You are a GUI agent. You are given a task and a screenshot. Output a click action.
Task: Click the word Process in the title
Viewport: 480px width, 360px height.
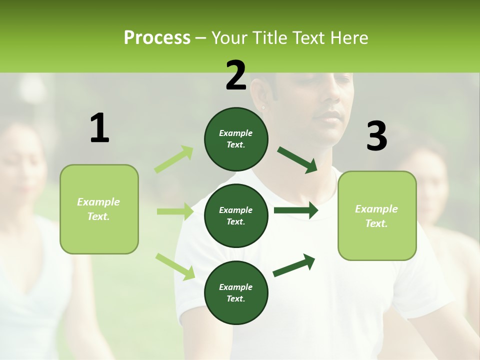(x=157, y=38)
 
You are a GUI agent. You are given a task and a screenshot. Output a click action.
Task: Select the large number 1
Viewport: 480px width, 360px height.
(x=99, y=128)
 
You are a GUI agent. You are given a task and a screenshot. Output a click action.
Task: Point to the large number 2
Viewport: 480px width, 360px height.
(x=236, y=75)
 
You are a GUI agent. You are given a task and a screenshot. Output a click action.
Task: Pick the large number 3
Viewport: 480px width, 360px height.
(x=376, y=136)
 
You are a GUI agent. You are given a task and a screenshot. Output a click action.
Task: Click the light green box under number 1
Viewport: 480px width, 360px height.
(x=99, y=209)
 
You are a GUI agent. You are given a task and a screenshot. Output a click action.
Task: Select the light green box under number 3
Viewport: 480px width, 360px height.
(x=377, y=215)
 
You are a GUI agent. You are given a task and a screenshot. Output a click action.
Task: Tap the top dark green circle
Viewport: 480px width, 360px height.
(x=236, y=139)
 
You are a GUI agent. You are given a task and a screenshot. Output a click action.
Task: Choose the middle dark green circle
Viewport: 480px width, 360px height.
(x=236, y=215)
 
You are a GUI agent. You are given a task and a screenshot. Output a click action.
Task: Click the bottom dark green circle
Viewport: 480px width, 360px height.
(x=236, y=292)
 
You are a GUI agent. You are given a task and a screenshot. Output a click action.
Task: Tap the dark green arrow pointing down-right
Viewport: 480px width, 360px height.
(x=297, y=160)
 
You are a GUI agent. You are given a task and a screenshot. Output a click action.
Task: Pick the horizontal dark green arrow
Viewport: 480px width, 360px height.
(x=295, y=210)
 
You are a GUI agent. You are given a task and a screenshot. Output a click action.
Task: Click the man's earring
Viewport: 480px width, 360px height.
(x=263, y=107)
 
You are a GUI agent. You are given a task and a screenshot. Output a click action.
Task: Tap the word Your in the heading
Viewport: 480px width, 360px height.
(x=229, y=38)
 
